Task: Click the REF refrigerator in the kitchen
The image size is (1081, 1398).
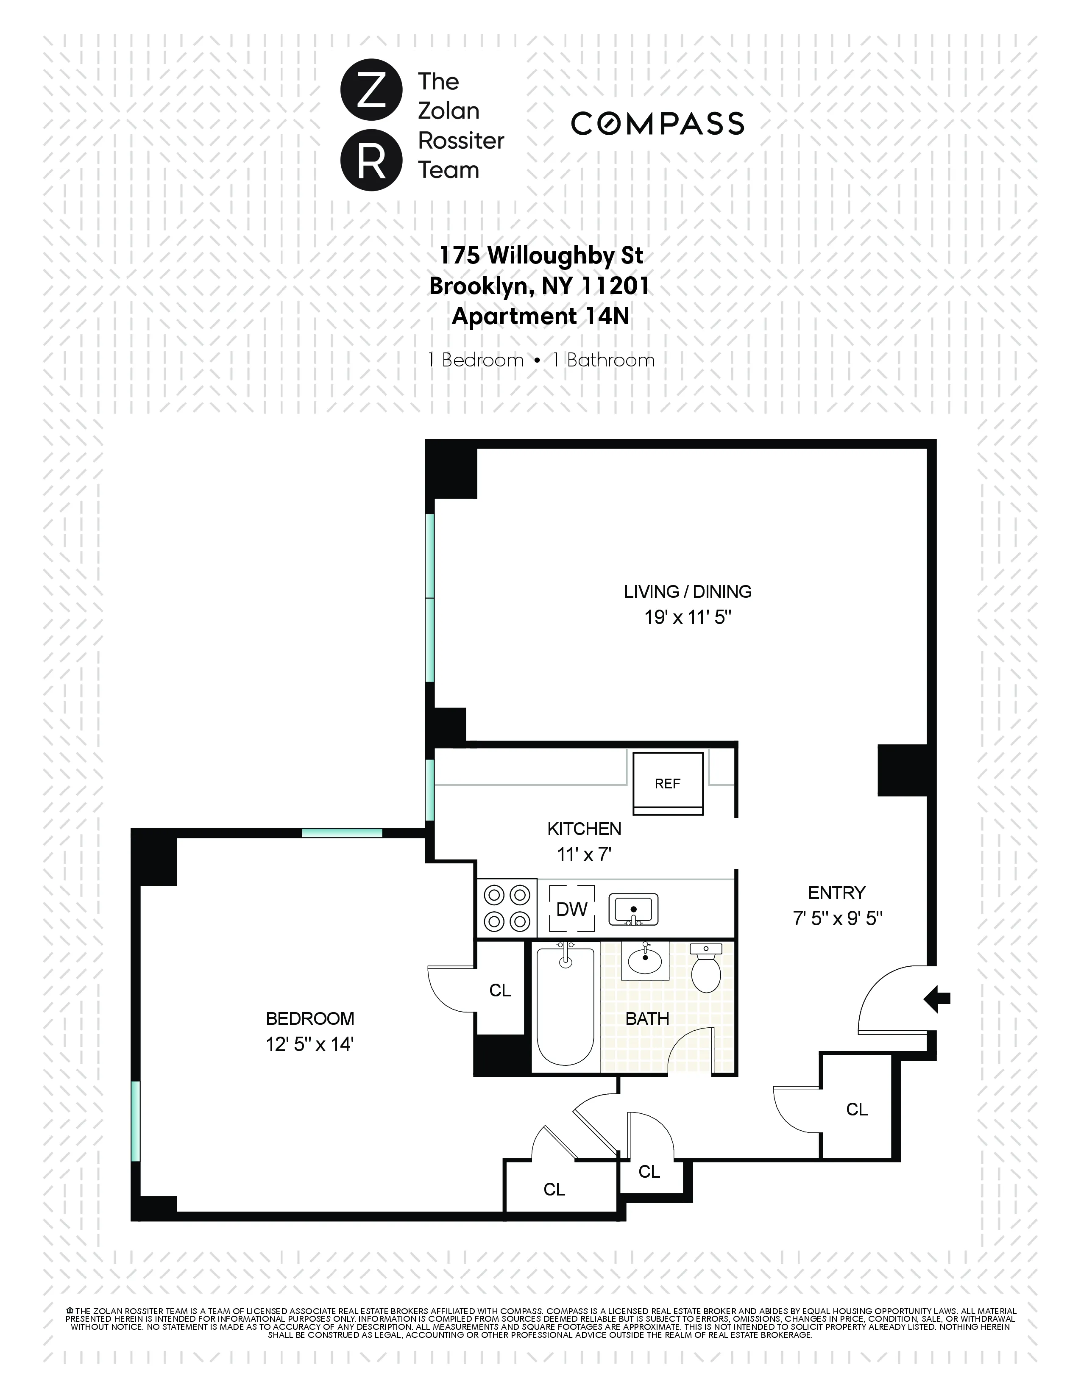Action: [667, 783]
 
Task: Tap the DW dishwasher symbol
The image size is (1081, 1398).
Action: [571, 909]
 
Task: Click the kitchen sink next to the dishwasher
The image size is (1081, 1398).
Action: [633, 909]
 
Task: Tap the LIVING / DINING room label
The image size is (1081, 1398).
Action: [688, 591]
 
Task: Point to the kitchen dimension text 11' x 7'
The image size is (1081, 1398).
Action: [584, 854]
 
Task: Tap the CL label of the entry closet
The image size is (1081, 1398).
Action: [856, 1110]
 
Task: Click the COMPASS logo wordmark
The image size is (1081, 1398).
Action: [657, 124]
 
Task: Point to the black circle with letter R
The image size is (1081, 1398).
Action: [371, 160]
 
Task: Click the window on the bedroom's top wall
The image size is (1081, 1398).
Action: [342, 833]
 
